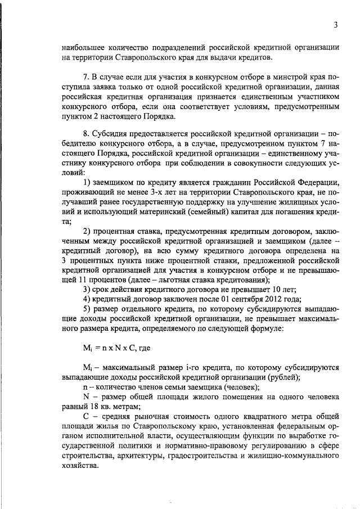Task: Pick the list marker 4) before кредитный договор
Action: [87, 299]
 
